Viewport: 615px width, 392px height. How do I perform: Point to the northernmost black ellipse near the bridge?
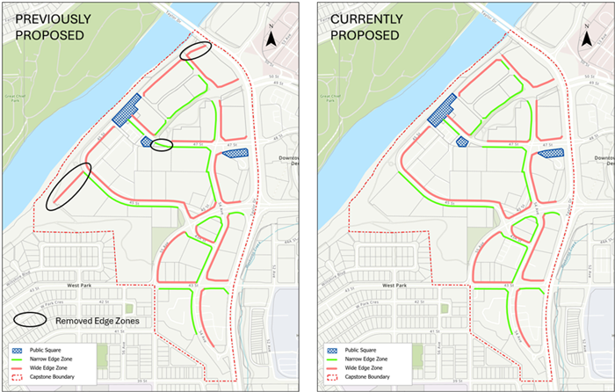[195, 52]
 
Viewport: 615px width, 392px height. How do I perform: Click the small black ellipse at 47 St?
[161, 146]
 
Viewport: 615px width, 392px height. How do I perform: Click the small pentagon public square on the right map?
[460, 142]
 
